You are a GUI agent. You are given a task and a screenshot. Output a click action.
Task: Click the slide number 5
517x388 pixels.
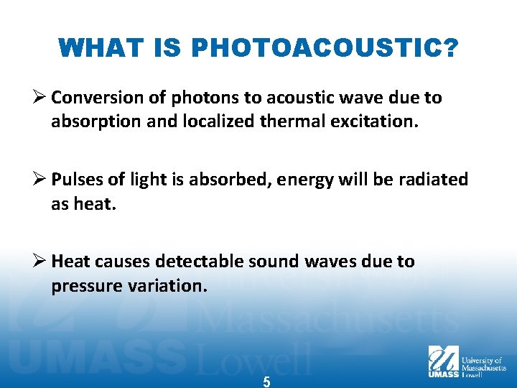coord(266,382)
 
